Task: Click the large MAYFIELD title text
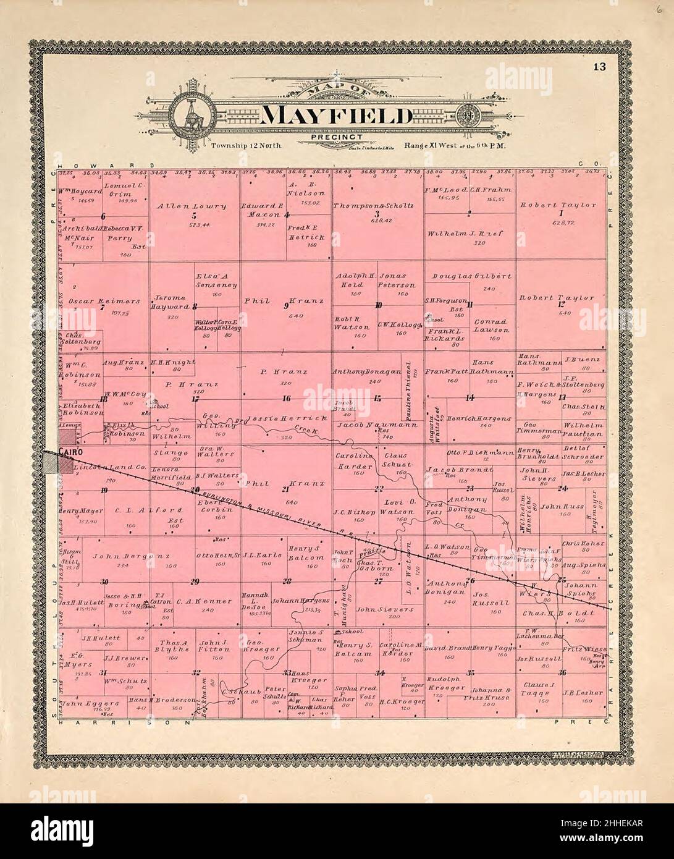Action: (337, 116)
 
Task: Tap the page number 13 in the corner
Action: (600, 67)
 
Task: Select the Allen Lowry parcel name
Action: (191, 206)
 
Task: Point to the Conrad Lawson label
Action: (492, 326)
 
